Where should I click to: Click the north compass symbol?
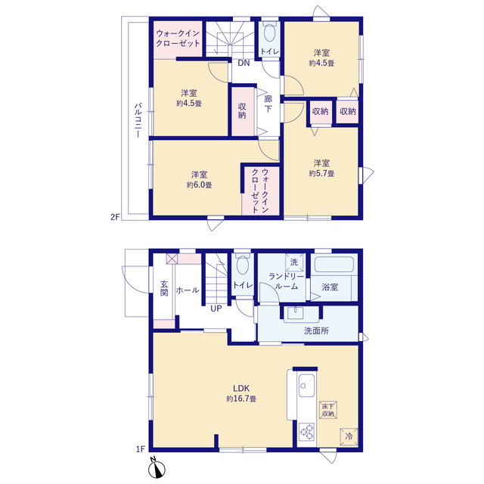(x=157, y=468)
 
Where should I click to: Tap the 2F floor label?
(x=115, y=217)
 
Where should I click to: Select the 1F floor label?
(x=141, y=449)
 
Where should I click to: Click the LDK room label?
(x=241, y=388)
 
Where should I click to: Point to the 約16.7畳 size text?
(x=241, y=399)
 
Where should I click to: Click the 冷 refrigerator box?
(x=349, y=437)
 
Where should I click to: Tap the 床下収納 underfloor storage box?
(x=328, y=410)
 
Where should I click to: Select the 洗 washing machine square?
(x=294, y=262)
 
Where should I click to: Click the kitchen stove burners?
(x=306, y=432)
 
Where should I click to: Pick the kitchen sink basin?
(x=306, y=386)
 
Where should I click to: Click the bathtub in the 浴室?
(x=334, y=265)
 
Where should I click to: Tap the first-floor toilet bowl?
(x=243, y=265)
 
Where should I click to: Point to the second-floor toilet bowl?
(x=270, y=33)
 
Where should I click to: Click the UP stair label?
(x=216, y=309)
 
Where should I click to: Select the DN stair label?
(x=244, y=63)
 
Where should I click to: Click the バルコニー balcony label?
(x=138, y=120)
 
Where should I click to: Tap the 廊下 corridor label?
(x=268, y=104)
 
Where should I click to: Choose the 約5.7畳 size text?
(x=321, y=173)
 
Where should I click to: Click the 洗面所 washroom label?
(x=316, y=331)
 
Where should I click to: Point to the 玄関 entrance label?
(x=164, y=289)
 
